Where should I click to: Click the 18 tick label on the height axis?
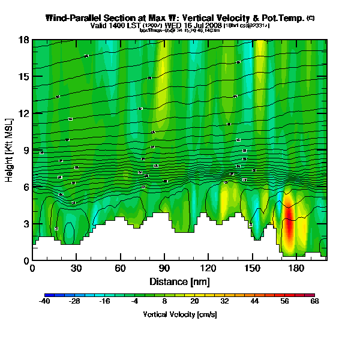tap(25, 40)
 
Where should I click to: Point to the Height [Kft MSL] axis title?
tap(10, 150)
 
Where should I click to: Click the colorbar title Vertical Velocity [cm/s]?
tap(179, 314)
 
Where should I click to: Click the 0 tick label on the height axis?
tap(26, 260)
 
